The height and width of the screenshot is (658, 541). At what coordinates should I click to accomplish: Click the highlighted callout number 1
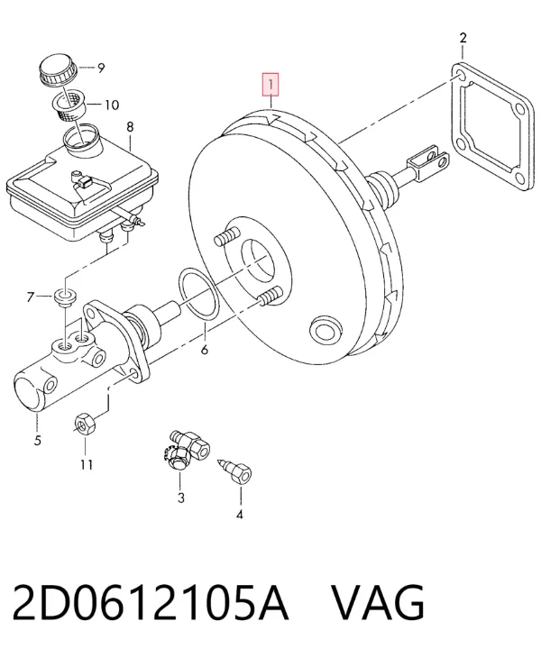pyautogui.click(x=270, y=85)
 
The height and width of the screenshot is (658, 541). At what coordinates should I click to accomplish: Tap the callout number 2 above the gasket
pyautogui.click(x=463, y=38)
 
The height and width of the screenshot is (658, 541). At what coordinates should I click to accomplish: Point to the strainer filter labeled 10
pyautogui.click(x=69, y=104)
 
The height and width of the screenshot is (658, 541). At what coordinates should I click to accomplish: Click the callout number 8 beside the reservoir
pyautogui.click(x=130, y=126)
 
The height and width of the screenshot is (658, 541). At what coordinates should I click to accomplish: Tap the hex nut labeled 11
pyautogui.click(x=86, y=424)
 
